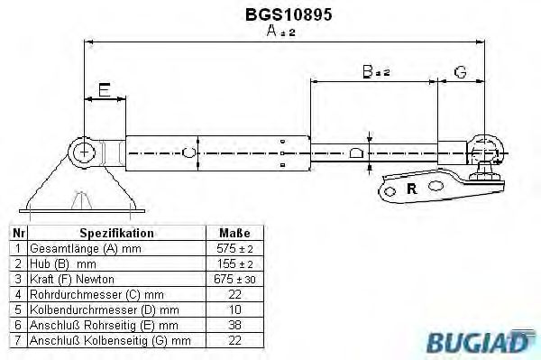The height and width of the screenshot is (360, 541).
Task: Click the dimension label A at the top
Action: coord(275,32)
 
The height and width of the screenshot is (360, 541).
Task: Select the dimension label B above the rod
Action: coord(368,70)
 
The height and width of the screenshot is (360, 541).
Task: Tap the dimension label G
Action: coord(460,70)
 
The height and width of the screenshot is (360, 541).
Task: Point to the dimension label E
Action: coord(105,89)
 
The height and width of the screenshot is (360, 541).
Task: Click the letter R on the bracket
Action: coord(412,189)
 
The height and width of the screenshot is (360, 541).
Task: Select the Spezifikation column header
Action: coord(117,233)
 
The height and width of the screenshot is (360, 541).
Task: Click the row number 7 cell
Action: coord(17,340)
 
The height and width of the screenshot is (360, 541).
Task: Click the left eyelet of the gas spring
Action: coord(84,151)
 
